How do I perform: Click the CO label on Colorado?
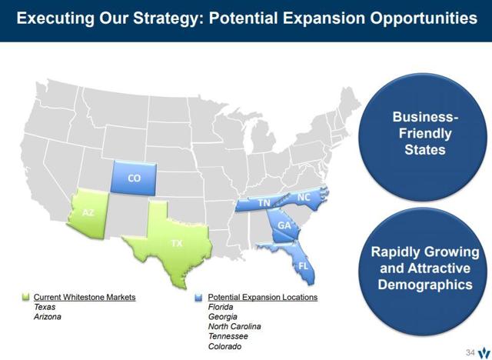(x=134, y=178)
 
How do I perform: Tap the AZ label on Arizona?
(x=88, y=212)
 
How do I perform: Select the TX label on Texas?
(x=177, y=243)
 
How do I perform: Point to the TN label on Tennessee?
(x=264, y=202)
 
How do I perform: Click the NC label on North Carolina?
(x=304, y=197)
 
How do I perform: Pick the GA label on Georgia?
(x=284, y=225)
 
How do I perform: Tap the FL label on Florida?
(x=303, y=265)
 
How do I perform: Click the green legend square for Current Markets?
(x=25, y=297)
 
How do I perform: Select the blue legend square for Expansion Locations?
(x=200, y=297)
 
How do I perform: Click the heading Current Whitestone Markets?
(x=85, y=297)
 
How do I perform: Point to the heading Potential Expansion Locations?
(x=262, y=297)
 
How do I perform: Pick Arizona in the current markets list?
(x=47, y=316)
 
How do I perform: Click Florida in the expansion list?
(x=221, y=307)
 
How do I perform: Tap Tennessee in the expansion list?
(x=228, y=336)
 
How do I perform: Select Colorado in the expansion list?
(x=225, y=346)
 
